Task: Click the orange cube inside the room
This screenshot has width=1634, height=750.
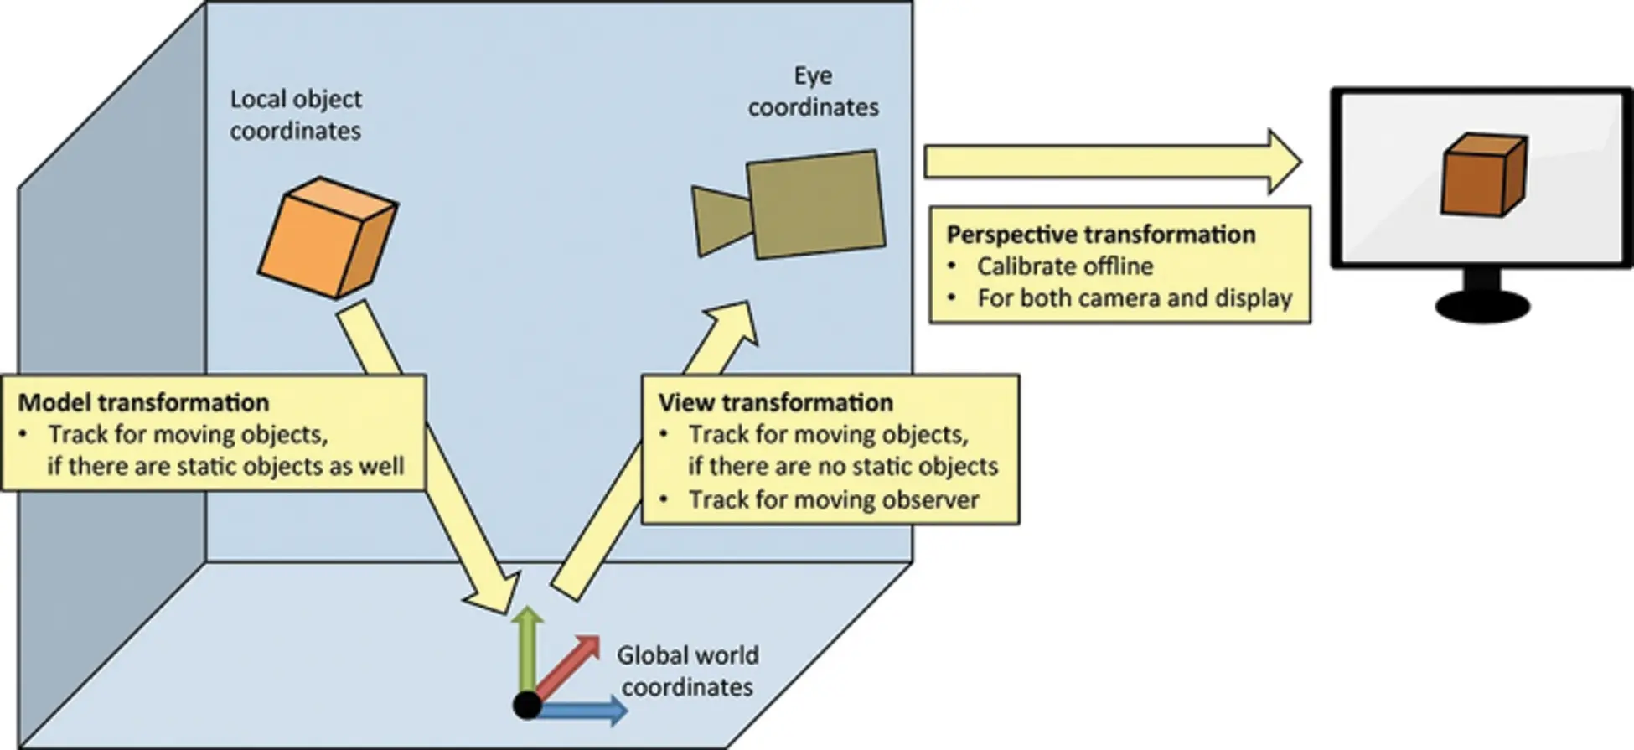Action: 327,237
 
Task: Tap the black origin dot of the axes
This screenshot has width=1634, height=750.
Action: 527,705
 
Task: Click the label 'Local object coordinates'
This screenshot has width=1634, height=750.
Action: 296,115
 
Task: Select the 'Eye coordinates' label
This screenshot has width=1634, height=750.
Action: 813,91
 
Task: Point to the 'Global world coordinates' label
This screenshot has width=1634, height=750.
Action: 687,671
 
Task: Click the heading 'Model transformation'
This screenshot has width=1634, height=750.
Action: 143,402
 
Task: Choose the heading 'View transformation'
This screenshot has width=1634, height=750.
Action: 776,402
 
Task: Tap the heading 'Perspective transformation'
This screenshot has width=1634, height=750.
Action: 1101,234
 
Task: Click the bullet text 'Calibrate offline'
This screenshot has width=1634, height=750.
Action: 1065,266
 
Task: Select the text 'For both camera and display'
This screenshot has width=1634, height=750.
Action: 1135,298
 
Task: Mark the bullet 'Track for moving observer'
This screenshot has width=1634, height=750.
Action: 834,500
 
